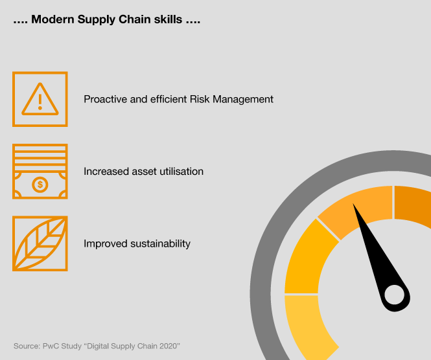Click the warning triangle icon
coord(40,99)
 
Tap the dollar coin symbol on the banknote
coord(40,185)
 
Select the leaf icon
coord(40,243)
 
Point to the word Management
coord(243,100)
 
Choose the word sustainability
coord(160,244)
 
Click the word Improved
coord(106,244)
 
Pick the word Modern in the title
coord(52,19)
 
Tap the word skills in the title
coord(168,19)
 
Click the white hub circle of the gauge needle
coord(395,295)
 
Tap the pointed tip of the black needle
coord(353,204)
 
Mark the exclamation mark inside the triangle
coord(40,102)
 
